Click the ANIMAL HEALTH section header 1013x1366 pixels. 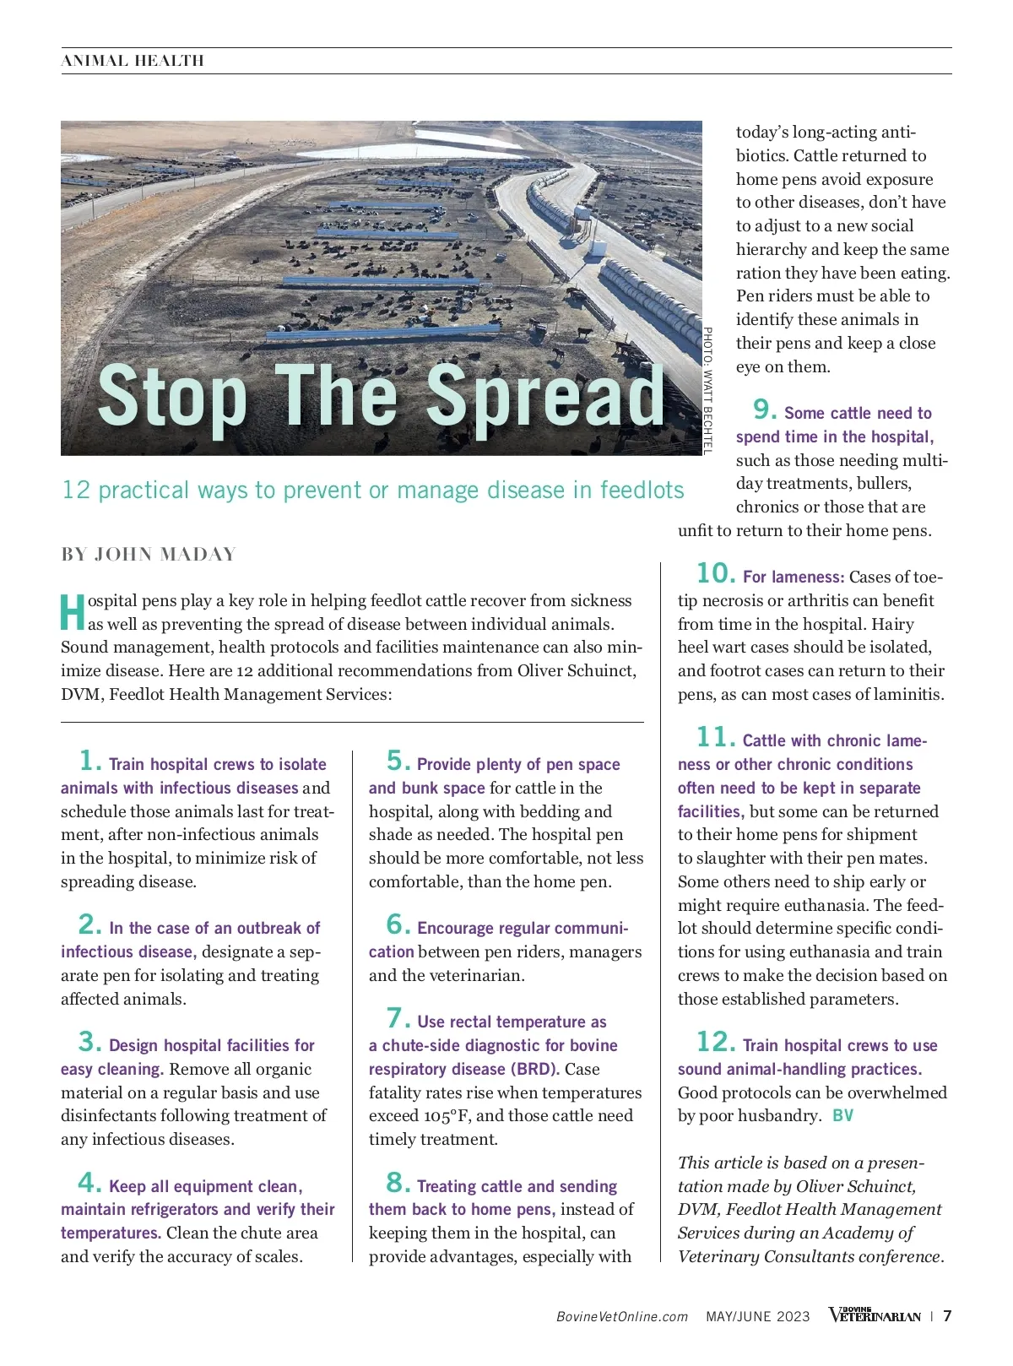pyautogui.click(x=133, y=61)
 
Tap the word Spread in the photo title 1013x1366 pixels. pyautogui.click(x=546, y=395)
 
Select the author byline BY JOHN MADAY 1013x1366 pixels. pyautogui.click(x=149, y=555)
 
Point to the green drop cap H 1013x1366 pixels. pyautogui.click(x=73, y=612)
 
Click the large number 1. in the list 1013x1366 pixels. pyautogui.click(x=90, y=761)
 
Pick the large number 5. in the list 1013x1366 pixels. pyautogui.click(x=398, y=761)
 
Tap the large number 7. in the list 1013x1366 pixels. pyautogui.click(x=398, y=1018)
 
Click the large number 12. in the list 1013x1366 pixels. pyautogui.click(x=716, y=1042)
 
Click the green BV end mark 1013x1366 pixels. pyautogui.click(x=842, y=1116)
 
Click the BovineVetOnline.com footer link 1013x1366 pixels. pyautogui.click(x=622, y=1316)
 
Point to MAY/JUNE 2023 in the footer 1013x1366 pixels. pyautogui.click(x=757, y=1316)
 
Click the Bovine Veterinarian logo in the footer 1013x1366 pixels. pyautogui.click(x=875, y=1315)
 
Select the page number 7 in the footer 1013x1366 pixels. pyautogui.click(x=947, y=1316)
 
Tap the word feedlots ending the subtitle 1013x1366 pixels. pyautogui.click(x=642, y=491)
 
